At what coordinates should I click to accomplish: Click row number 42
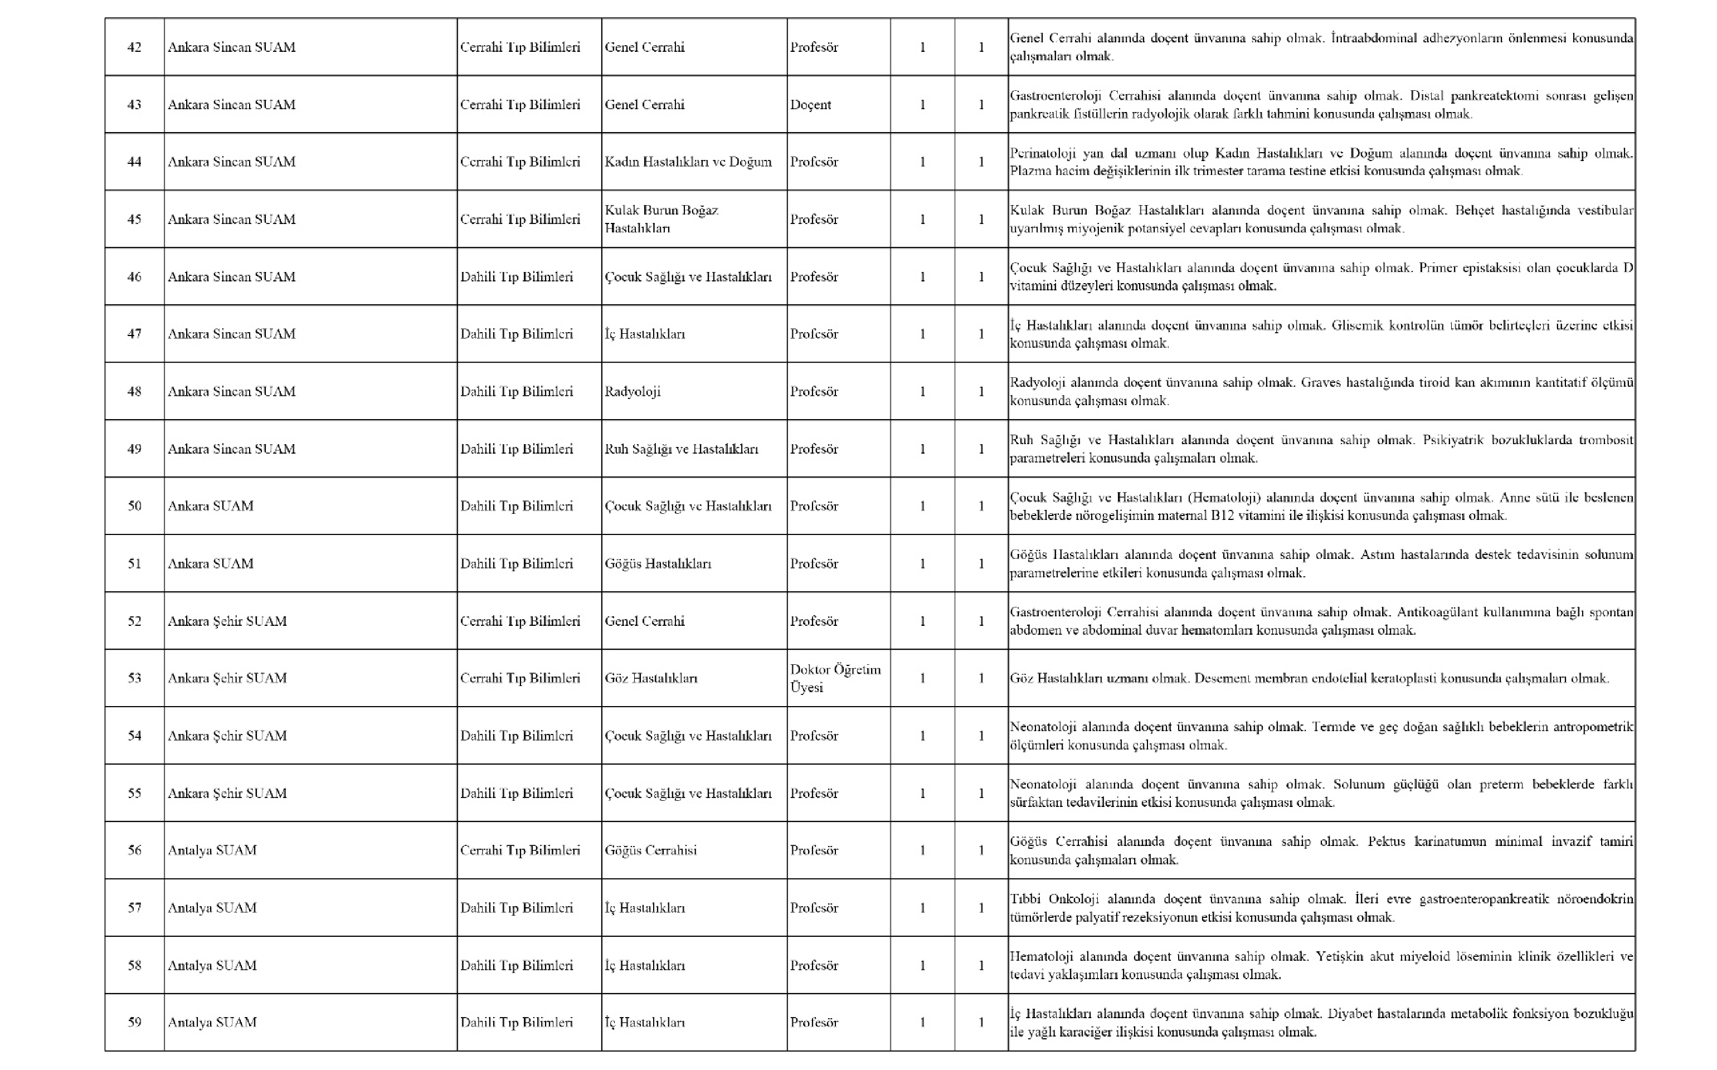point(134,47)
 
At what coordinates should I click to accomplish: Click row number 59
point(134,1022)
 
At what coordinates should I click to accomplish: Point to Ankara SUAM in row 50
point(210,506)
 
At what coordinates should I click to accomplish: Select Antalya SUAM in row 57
point(212,908)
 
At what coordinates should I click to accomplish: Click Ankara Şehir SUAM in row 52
point(227,621)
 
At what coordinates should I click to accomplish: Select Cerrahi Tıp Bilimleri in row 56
point(520,850)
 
